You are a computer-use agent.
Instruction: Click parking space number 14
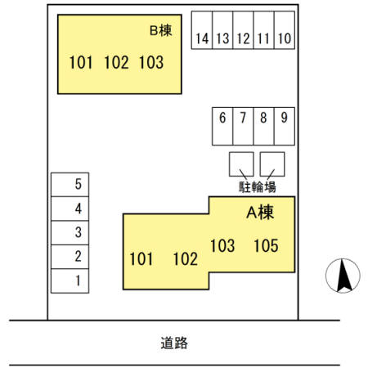202,30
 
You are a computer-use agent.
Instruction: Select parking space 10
285,30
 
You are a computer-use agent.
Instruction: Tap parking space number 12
243,30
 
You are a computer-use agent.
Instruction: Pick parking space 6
222,126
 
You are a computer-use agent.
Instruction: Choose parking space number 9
285,126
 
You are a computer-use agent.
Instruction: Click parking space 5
70,185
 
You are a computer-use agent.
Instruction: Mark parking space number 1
70,280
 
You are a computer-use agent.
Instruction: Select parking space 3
70,232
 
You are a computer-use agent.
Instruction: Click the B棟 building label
161,30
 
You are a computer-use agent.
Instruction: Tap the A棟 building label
260,213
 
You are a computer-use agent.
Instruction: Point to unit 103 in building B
151,62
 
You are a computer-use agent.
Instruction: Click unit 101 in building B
81,62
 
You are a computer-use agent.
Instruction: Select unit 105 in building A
266,245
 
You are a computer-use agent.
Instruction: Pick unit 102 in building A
186,258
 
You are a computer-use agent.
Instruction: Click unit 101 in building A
141,258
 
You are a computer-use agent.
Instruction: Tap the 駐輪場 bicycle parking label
258,187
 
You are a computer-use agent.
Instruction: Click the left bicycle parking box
241,164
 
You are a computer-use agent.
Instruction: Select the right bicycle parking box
272,164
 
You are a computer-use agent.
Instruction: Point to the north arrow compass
343,276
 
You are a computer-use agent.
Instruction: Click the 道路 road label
174,343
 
